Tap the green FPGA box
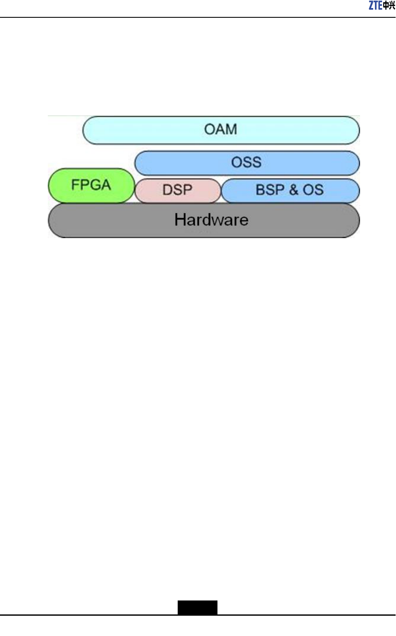pyautogui.click(x=91, y=185)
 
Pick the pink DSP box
pyautogui.click(x=178, y=190)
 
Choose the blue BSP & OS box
pyautogui.click(x=290, y=190)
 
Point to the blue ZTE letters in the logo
pyautogui.click(x=375, y=5)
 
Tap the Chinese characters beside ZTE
pyautogui.click(x=389, y=6)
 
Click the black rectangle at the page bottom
pyautogui.click(x=197, y=607)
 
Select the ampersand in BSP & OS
pyautogui.click(x=294, y=190)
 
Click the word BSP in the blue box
pyautogui.click(x=270, y=190)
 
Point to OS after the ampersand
pyautogui.click(x=313, y=190)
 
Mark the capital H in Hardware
pyautogui.click(x=180, y=220)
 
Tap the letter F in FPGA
pyautogui.click(x=75, y=185)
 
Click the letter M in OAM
pyautogui.click(x=231, y=129)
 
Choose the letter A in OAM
pyautogui.click(x=220, y=129)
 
